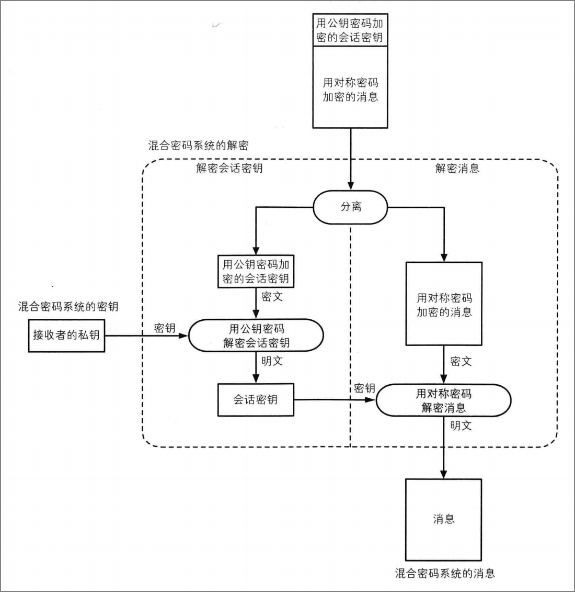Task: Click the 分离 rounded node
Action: pos(350,207)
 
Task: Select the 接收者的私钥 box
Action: pos(67,336)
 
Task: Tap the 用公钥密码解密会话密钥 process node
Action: pos(256,336)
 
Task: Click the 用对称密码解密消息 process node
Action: pos(444,400)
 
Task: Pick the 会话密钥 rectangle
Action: pos(256,400)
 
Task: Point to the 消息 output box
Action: pos(443,520)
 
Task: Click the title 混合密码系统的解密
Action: pos(198,146)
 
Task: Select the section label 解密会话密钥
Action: pos(229,168)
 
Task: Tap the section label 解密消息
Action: pos(457,168)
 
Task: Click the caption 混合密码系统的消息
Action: pos(445,574)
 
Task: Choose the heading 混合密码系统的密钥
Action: pos(68,306)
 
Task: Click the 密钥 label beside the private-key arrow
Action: pos(165,328)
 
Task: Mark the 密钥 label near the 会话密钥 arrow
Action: pos(365,388)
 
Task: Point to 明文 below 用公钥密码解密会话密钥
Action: pos(272,361)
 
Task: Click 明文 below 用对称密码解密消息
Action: pos(461,426)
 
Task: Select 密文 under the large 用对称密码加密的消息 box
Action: pos(461,362)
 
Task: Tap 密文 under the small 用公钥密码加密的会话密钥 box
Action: pos(272,297)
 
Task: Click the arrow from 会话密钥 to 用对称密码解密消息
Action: pos(335,400)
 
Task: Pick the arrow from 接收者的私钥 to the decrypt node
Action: pos(147,336)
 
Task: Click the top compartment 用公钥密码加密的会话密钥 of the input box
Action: pos(350,30)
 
